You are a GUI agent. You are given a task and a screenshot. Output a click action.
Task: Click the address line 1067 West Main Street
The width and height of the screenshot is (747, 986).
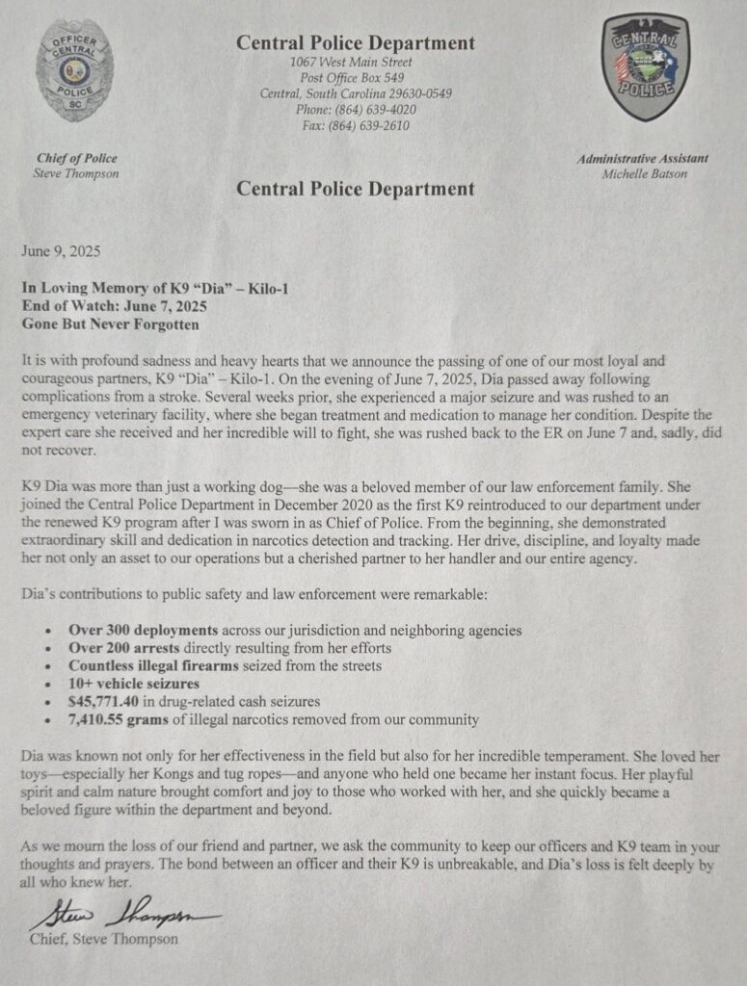355,62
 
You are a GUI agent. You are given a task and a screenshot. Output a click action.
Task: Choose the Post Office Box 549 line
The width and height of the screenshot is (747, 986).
355,78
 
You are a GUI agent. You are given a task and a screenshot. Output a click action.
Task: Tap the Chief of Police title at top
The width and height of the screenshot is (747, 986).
77,159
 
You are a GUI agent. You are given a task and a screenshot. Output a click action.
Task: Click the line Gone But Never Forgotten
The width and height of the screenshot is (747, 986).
110,324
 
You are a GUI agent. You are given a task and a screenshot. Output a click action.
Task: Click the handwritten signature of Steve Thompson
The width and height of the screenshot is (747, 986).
125,914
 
